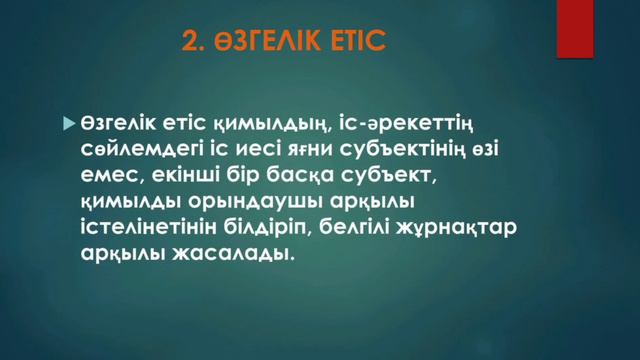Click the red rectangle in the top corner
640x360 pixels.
tap(575, 29)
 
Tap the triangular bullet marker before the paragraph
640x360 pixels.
tap(68, 123)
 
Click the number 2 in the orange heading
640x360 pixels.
tap(189, 42)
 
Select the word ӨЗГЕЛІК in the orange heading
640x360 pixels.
tap(263, 42)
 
